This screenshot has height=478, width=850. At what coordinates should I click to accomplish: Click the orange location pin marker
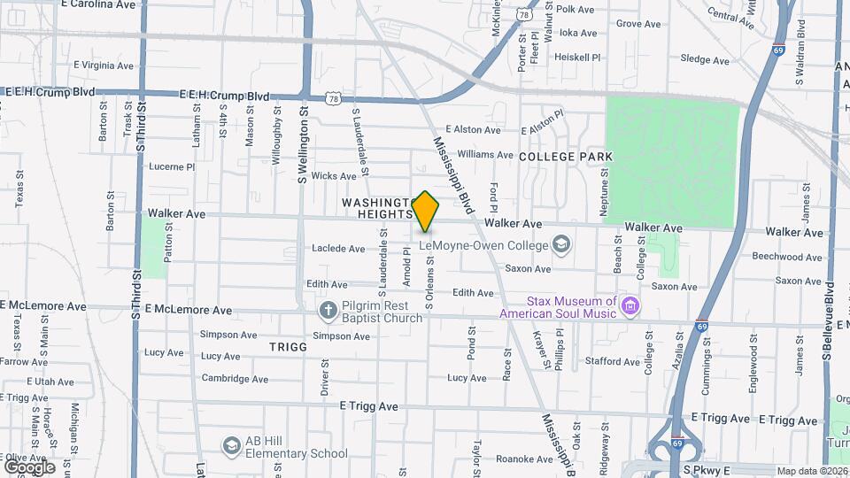(x=426, y=212)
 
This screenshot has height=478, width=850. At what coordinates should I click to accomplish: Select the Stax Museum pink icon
(x=630, y=307)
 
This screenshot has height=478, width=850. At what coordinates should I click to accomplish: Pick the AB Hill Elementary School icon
(x=232, y=445)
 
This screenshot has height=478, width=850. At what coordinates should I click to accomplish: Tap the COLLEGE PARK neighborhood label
(x=566, y=156)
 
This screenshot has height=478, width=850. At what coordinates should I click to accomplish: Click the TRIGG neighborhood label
(x=289, y=347)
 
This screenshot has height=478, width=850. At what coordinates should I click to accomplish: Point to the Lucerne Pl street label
(x=172, y=166)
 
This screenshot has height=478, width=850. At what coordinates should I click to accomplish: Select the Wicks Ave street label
(x=334, y=176)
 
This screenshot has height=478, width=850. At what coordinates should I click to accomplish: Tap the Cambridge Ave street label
(x=235, y=378)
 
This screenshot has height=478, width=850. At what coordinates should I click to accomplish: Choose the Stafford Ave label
(x=612, y=361)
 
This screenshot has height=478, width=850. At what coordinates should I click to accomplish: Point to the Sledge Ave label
(x=705, y=60)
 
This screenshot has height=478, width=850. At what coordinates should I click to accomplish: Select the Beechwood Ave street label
(x=787, y=257)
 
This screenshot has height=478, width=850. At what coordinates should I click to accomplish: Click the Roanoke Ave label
(x=524, y=459)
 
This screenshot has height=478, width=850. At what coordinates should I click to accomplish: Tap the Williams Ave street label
(x=486, y=154)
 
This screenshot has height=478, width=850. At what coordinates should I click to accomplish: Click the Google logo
(x=29, y=466)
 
